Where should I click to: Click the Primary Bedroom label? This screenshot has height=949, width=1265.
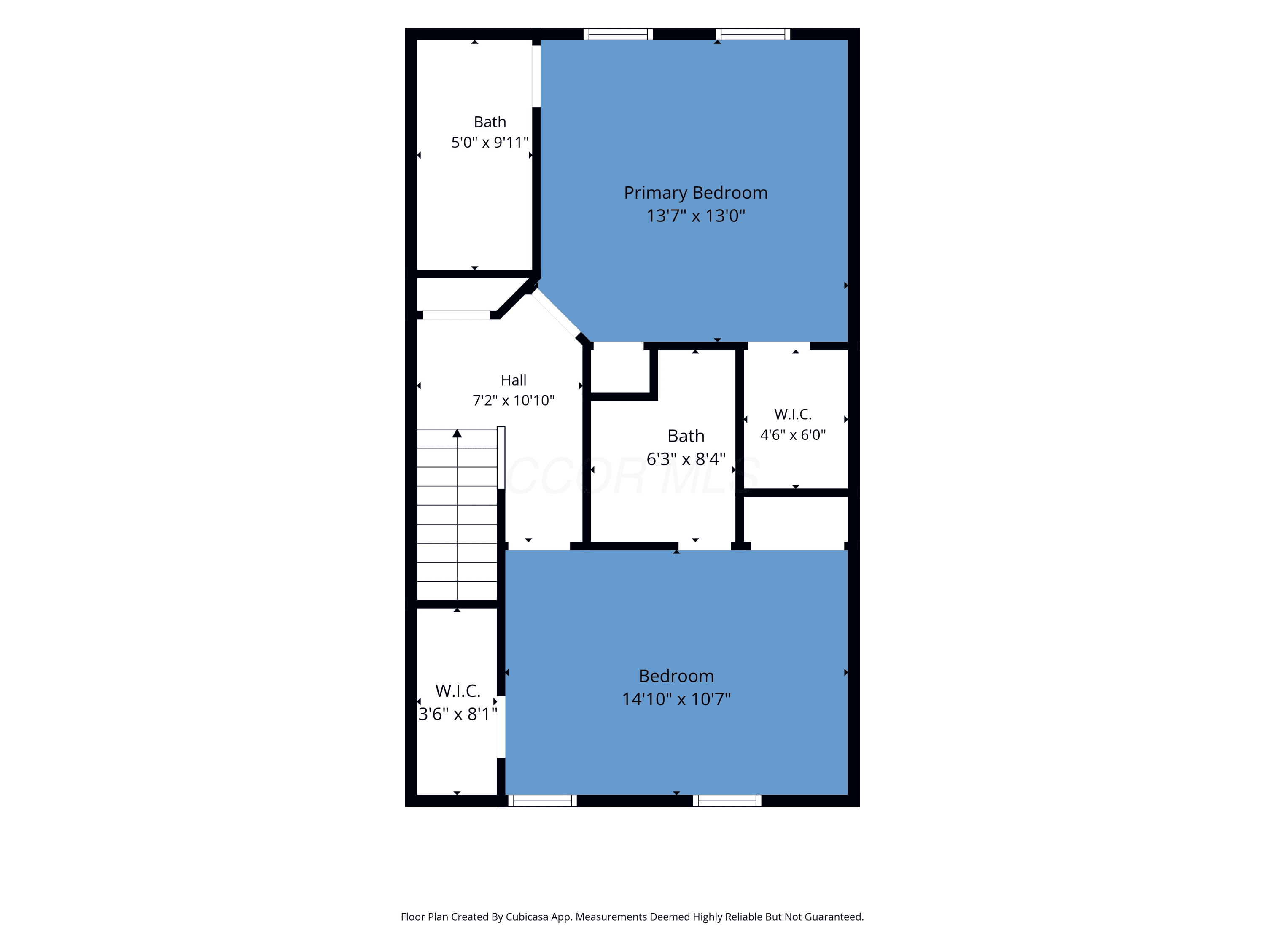click(x=695, y=193)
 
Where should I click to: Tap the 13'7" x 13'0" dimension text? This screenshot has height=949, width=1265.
click(x=695, y=216)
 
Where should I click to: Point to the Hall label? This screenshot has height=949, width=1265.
click(x=514, y=380)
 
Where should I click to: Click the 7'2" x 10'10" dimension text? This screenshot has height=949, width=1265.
click(x=514, y=400)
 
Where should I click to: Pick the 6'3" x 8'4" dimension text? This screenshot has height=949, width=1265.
click(x=686, y=459)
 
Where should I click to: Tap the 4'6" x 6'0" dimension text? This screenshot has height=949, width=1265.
click(x=793, y=435)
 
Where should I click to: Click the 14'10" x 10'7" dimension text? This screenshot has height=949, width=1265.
click(x=676, y=699)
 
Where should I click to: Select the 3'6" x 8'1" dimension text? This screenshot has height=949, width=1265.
click(x=458, y=714)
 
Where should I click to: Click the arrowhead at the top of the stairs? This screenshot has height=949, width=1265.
click(x=457, y=434)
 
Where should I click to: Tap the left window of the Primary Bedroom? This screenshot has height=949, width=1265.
click(x=618, y=34)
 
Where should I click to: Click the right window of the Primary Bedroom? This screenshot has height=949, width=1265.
click(x=753, y=34)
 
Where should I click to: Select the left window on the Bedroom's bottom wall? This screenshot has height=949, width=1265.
click(x=542, y=801)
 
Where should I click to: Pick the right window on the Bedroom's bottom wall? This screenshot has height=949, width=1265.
click(x=727, y=801)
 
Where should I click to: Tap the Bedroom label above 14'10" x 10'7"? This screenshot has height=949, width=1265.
click(x=676, y=676)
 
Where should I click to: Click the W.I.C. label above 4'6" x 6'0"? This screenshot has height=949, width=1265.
click(x=793, y=414)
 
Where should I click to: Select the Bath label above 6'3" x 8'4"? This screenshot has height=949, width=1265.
click(x=686, y=436)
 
